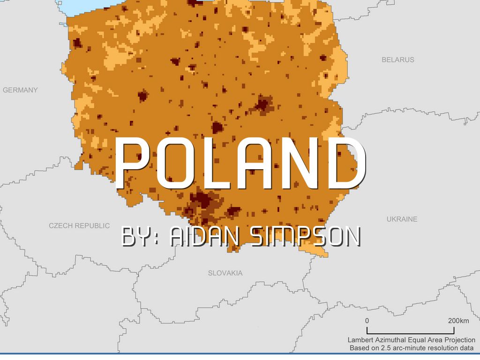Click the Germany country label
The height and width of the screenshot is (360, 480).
coord(20,90)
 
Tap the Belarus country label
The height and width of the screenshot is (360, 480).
coord(398,60)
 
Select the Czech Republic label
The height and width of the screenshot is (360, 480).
coord(79,225)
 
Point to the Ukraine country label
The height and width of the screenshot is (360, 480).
coord(402,219)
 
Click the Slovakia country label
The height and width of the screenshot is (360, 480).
coord(225,272)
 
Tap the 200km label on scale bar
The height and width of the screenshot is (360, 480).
coord(458,321)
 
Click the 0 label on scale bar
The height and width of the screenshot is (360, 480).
coord(367,321)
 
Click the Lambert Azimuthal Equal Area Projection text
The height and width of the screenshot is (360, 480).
coord(411,340)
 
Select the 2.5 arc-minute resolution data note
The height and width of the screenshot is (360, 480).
coord(411,348)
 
